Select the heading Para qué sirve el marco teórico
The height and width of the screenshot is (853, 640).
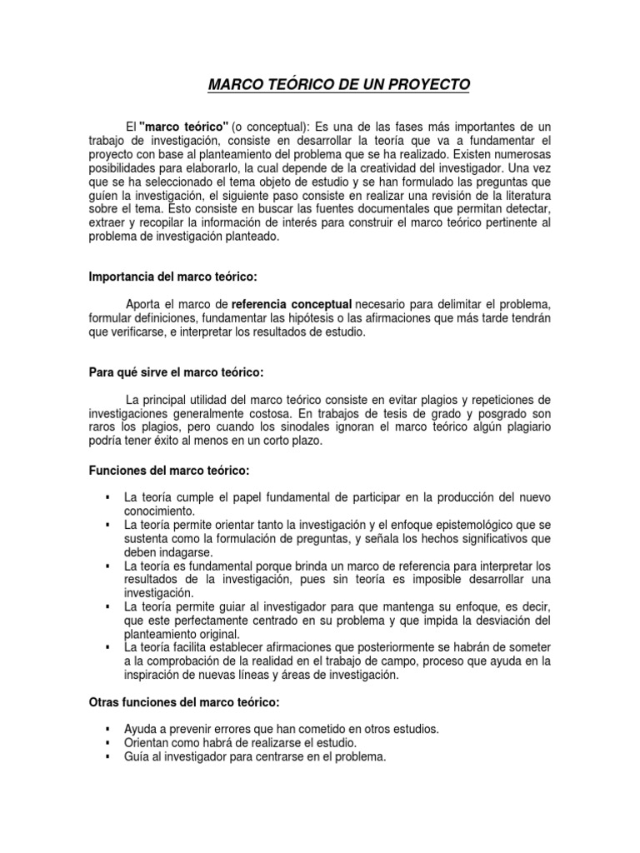coord(175,372)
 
